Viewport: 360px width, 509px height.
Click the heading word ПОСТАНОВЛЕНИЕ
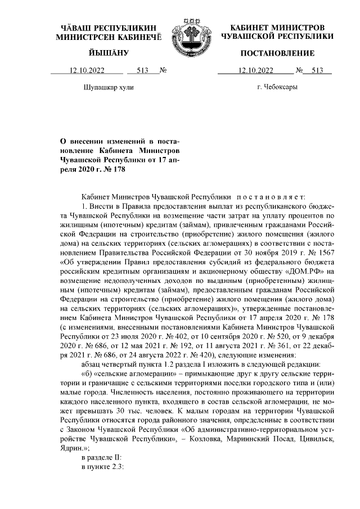point(277,53)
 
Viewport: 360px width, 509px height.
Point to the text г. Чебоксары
point(277,87)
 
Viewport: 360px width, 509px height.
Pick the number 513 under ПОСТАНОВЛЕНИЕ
point(317,71)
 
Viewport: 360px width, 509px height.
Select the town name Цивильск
point(313,431)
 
